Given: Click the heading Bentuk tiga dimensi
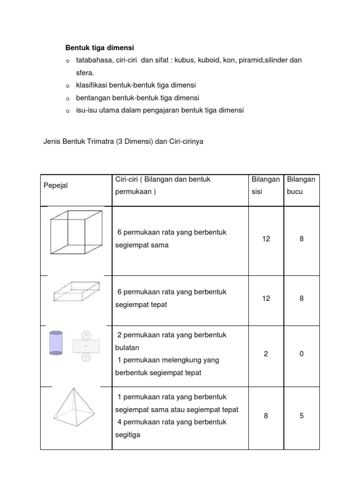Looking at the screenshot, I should tap(99, 48).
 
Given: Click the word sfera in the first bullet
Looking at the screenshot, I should tap(84, 73).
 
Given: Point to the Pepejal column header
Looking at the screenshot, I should tap(56, 186).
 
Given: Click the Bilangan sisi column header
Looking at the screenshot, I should tap(266, 186).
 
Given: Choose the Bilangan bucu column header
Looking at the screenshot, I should tap(301, 186).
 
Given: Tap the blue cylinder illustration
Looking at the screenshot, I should tap(56, 342).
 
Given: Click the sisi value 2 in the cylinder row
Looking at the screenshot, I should tap(266, 354).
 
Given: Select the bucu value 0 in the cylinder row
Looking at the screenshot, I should tap(301, 354).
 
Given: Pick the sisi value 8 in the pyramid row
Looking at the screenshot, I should tap(266, 416).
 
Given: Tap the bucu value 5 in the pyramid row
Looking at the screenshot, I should tap(301, 416).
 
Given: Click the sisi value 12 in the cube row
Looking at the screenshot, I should tap(266, 239).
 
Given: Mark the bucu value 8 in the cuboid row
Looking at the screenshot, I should tap(301, 298).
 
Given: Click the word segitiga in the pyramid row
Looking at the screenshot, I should tap(127, 435).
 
